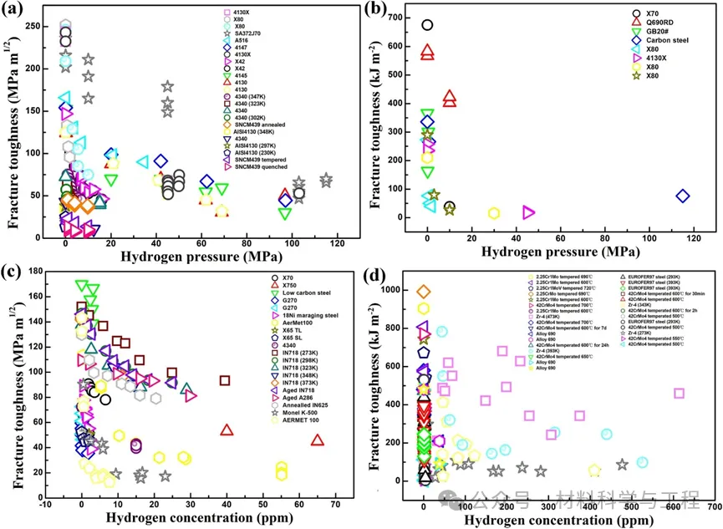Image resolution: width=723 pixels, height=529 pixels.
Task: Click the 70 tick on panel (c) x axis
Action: click(x=336, y=505)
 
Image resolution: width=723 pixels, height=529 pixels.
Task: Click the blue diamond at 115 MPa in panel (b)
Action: click(x=683, y=196)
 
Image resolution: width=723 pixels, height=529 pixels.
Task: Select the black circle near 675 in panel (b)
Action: click(x=427, y=25)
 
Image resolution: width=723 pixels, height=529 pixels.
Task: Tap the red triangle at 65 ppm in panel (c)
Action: click(x=318, y=440)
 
